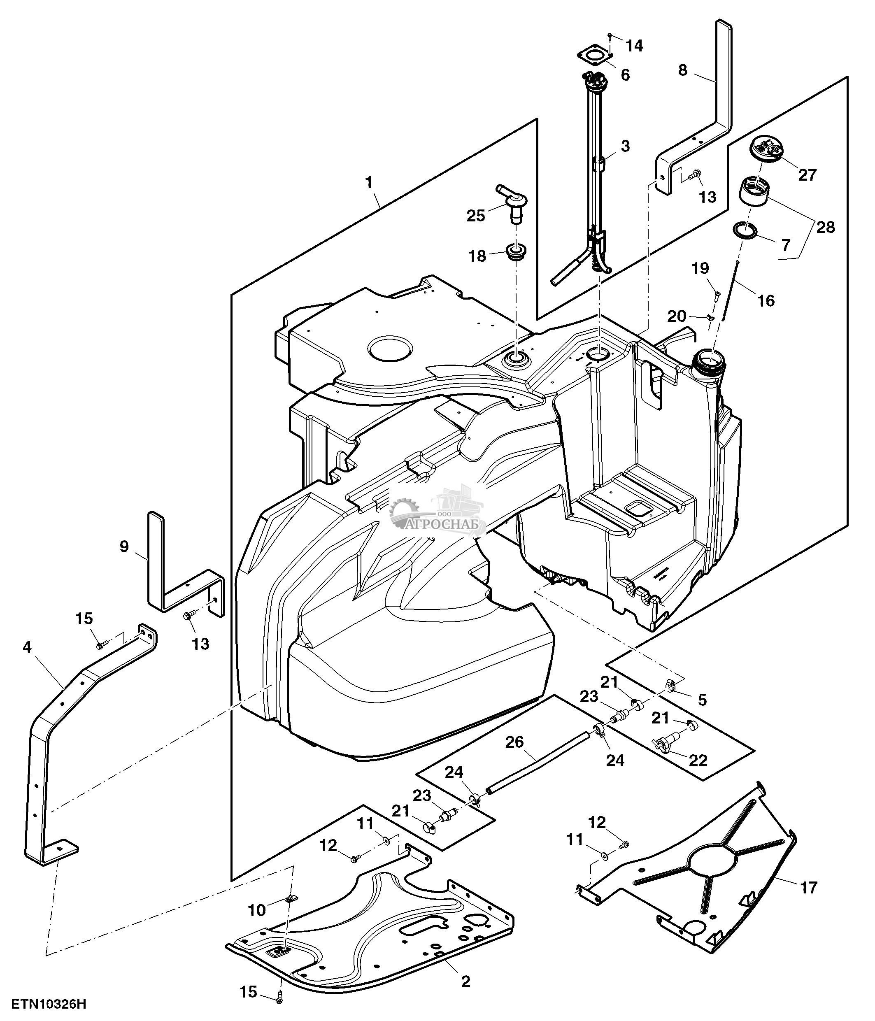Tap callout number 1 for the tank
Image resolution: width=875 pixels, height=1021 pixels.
coord(368,183)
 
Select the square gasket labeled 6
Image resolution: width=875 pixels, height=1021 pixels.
coord(595,63)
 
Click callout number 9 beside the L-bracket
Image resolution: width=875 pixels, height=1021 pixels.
coord(123,547)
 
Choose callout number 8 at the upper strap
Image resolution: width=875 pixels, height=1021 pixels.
coord(682,70)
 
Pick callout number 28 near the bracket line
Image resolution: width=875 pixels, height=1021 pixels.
coord(826,227)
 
